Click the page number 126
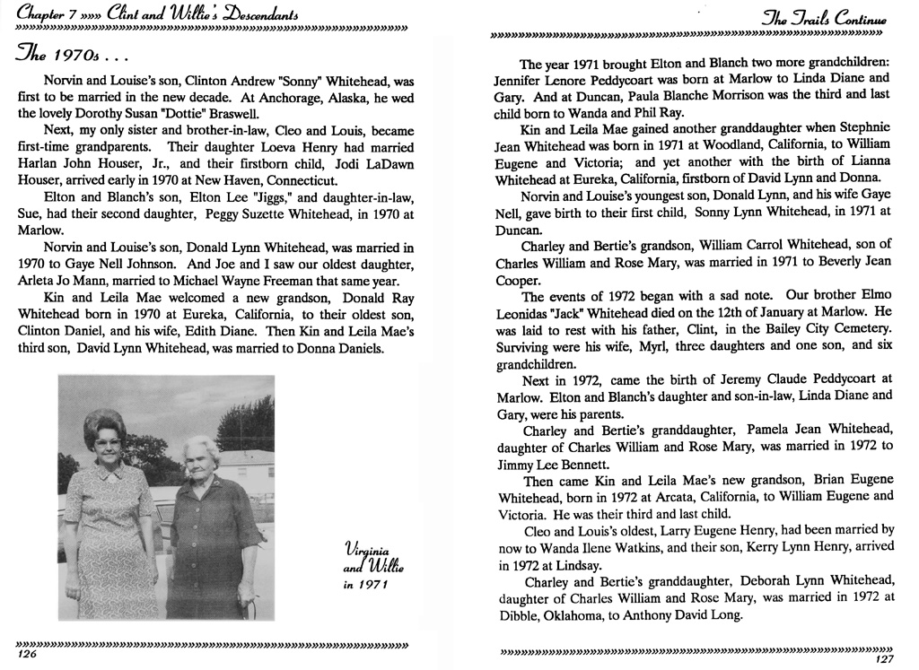pyautogui.click(x=26, y=656)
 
